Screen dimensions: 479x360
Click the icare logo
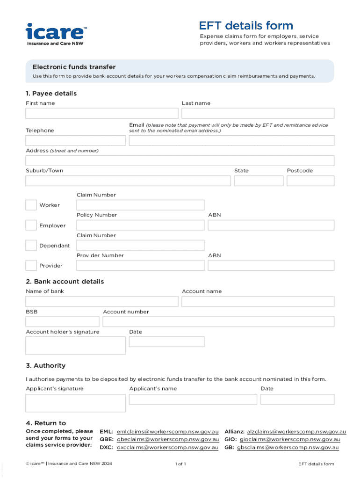(x=56, y=34)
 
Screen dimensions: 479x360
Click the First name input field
(x=102, y=113)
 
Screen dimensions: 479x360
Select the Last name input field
(x=258, y=113)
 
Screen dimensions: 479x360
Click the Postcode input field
(x=310, y=181)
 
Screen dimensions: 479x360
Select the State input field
(x=259, y=181)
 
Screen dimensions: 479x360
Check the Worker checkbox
(x=31, y=205)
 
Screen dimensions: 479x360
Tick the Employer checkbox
(x=31, y=225)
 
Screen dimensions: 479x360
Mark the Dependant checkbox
(x=31, y=246)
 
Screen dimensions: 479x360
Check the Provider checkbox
(x=31, y=266)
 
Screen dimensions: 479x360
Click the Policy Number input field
(x=140, y=225)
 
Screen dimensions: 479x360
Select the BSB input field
(x=62, y=322)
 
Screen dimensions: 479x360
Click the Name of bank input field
(x=102, y=301)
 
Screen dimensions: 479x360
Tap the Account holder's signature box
(x=75, y=345)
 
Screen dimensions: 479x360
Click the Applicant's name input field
(x=193, y=399)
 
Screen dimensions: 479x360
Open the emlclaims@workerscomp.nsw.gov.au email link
(x=167, y=431)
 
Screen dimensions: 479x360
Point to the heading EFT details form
(x=246, y=26)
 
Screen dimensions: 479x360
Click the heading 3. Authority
(x=46, y=365)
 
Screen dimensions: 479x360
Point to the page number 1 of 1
(x=180, y=464)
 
